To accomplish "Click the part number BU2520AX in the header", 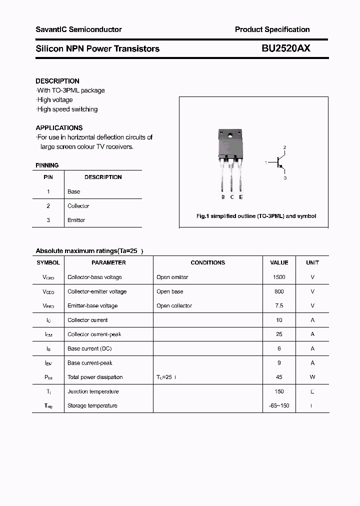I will [286, 48].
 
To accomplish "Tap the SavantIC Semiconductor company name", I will [78, 29].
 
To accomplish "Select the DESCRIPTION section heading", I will [57, 81].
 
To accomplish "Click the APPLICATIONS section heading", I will [59, 128].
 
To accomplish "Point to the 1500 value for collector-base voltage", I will [279, 277].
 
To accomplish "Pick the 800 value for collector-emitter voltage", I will [279, 291].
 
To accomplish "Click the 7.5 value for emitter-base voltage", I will [279, 305].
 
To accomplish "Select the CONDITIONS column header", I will [208, 262].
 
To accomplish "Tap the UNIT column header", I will [312, 262].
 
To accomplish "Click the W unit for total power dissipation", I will [312, 377].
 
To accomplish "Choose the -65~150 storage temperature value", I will [279, 405].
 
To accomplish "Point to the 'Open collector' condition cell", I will [174, 305].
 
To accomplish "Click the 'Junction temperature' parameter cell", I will [92, 391].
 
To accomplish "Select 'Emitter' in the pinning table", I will [76, 220].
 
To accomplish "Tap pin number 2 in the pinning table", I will [48, 206].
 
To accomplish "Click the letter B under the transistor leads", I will [223, 197].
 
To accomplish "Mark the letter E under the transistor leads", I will [241, 197].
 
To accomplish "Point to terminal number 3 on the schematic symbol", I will [285, 177].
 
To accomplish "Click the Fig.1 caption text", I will [255, 216].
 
